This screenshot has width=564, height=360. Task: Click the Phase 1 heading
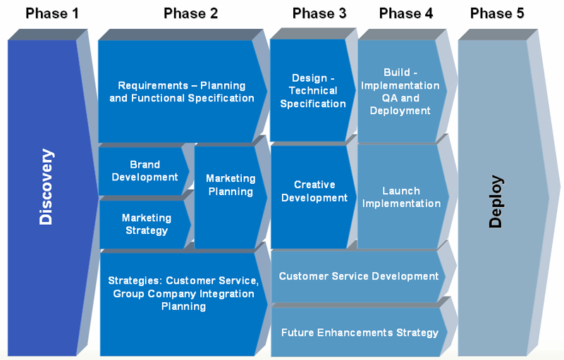[x=51, y=13]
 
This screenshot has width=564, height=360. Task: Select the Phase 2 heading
[x=190, y=13]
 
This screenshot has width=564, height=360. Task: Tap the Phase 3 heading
[x=319, y=13]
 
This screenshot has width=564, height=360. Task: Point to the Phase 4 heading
[x=406, y=13]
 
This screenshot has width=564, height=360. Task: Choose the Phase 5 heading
[x=497, y=13]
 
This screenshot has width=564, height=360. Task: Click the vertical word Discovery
[x=46, y=187]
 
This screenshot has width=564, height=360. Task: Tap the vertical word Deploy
[x=496, y=201]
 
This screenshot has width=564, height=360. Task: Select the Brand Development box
[x=144, y=171]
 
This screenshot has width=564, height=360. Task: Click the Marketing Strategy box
[x=145, y=224]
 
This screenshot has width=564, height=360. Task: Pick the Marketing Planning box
[x=231, y=197]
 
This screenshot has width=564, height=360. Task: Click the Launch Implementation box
[x=402, y=197]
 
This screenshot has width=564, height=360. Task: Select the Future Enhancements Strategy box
[x=359, y=332]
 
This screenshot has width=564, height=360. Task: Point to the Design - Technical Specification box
[x=312, y=91]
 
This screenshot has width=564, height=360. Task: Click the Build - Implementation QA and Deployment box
[x=401, y=92]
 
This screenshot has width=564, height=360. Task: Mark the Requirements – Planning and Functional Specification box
[x=182, y=92]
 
